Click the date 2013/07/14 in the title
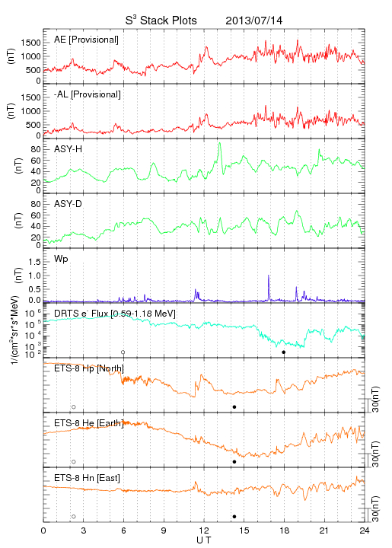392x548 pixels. coord(254,21)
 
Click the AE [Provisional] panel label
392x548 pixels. coord(86,40)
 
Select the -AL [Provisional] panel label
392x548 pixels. coord(88,94)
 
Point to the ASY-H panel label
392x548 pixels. coord(69,149)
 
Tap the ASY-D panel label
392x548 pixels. coord(69,204)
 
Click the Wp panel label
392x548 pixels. coord(61,260)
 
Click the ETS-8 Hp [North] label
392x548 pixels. coord(89,368)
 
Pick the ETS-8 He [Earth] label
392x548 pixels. coord(89,423)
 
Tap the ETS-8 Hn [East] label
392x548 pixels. coord(87,478)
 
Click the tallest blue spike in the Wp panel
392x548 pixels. coord(269,276)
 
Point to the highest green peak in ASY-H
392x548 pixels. coord(219,143)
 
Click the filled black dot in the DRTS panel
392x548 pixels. coord(284,352)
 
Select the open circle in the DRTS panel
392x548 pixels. coord(123,352)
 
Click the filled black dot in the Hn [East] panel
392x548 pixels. coord(234,517)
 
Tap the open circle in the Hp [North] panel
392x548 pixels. coord(74,406)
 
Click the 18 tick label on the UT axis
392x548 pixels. coord(285,530)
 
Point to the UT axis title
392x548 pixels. coord(204,540)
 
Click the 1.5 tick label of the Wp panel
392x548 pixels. coord(34,262)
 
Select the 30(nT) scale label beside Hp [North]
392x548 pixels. coord(375,399)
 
